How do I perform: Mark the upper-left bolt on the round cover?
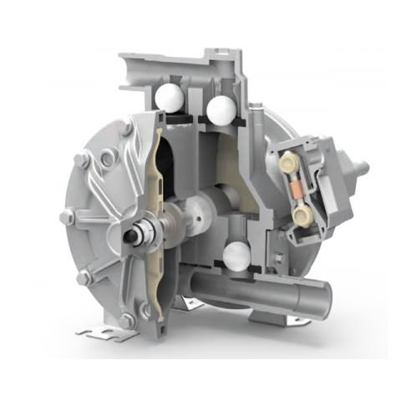82,160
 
